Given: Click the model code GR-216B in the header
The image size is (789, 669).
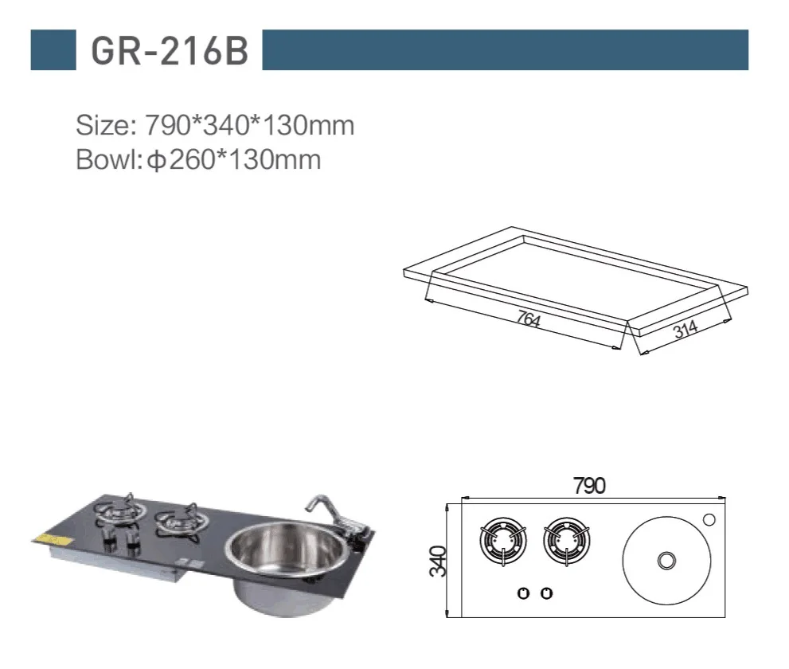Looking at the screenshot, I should [170, 50].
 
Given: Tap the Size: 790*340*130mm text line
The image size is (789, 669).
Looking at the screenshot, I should [214, 125].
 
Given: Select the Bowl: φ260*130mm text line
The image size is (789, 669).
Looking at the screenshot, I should [198, 159].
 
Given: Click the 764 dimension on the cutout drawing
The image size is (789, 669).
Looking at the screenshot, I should [529, 319].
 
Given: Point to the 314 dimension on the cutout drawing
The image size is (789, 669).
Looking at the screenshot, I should [685, 329].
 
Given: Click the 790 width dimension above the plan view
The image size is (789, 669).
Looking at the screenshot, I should [590, 485].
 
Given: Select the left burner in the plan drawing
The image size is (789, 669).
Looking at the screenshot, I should [503, 542].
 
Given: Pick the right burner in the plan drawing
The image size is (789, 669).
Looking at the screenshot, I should [566, 542].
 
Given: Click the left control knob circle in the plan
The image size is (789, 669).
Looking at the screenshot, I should [524, 593].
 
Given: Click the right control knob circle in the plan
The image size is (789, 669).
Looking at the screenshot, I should [546, 593].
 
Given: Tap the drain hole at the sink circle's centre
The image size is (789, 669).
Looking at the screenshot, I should [663, 561].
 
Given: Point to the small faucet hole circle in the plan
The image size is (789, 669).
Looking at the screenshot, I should [709, 520].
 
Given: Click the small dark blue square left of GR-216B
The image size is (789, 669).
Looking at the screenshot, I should [53, 50].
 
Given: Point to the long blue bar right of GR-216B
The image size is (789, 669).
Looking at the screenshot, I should [505, 50].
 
